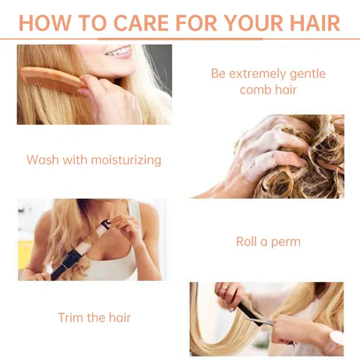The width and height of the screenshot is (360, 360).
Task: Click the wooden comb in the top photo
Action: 52,80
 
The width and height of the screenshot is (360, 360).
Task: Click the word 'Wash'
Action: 43,160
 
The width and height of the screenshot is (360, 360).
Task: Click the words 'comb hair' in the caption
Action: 268,90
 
